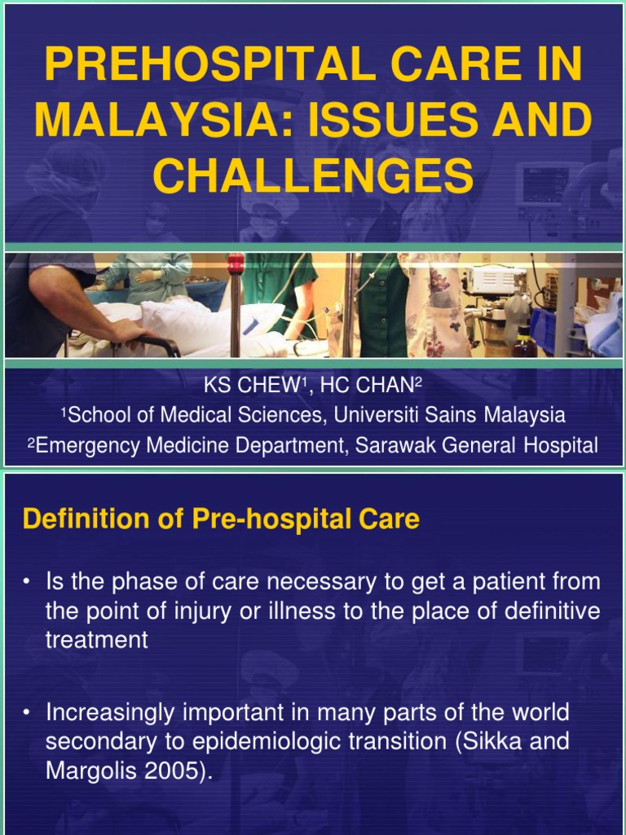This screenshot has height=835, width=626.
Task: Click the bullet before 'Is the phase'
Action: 27,583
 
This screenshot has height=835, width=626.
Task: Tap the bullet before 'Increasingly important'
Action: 27,714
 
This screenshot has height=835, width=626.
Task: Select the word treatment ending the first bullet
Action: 96,640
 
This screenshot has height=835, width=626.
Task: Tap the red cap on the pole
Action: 236,264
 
